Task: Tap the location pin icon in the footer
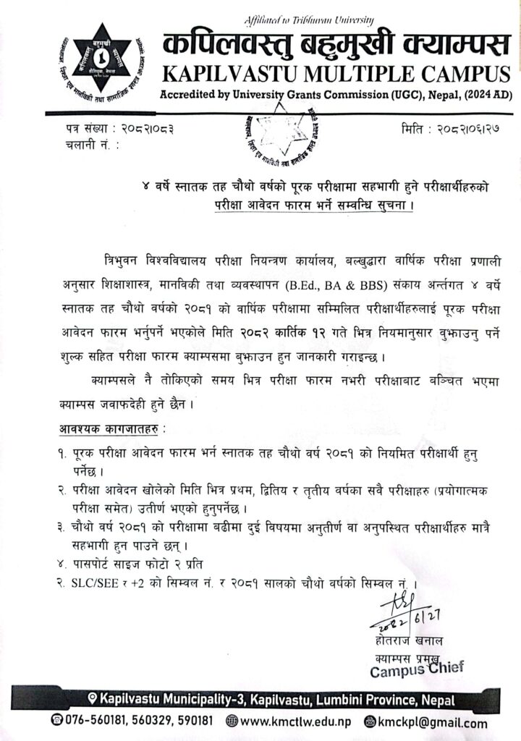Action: [x=92, y=700]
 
